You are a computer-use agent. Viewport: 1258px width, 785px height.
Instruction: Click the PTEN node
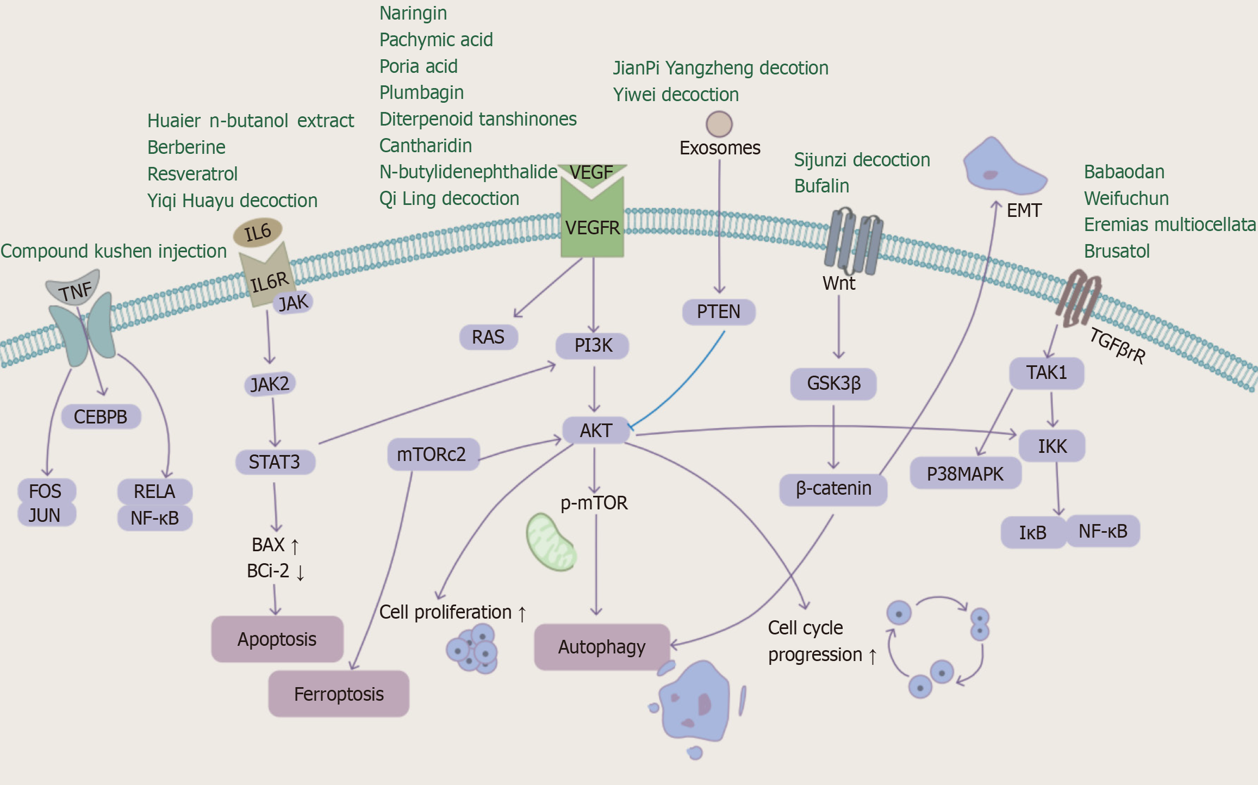(x=718, y=312)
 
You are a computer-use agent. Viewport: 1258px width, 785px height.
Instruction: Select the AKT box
(x=596, y=431)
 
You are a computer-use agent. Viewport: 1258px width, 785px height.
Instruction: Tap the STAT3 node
(x=275, y=462)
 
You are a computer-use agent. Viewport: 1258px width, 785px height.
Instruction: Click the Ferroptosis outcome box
(x=339, y=694)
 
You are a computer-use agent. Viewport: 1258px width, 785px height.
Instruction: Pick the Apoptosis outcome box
(x=277, y=639)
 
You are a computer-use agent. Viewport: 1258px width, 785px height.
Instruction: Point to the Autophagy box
(x=602, y=647)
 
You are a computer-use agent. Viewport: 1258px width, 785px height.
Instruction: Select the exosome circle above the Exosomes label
(x=719, y=124)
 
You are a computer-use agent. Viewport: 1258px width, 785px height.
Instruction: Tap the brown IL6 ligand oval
(x=258, y=233)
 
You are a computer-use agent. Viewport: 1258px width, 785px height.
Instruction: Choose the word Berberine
(x=186, y=147)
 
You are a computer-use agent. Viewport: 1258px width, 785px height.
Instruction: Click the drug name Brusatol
(x=1117, y=251)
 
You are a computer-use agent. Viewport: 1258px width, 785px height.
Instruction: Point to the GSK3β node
(x=833, y=384)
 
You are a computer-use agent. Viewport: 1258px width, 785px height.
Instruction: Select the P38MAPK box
(x=965, y=474)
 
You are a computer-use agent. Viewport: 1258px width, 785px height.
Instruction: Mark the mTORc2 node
(x=432, y=454)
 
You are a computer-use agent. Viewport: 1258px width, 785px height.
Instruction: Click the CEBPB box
(x=101, y=417)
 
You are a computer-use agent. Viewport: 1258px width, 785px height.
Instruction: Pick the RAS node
(x=488, y=337)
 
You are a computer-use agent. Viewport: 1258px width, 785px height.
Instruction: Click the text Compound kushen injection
(x=114, y=251)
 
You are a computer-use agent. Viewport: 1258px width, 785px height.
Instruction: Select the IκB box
(x=1032, y=532)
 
